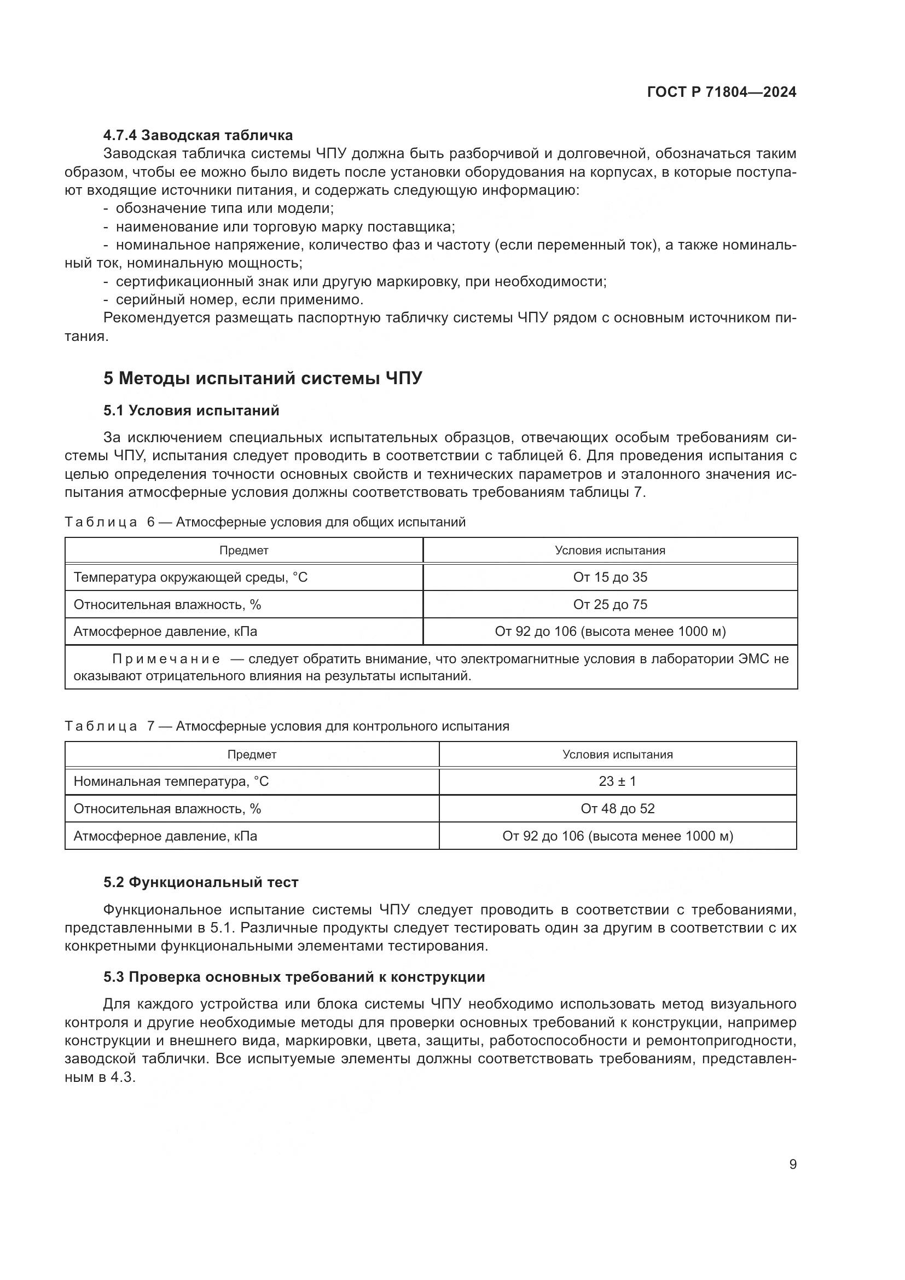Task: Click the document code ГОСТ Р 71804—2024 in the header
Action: (x=722, y=92)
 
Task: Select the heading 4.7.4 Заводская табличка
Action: (x=198, y=135)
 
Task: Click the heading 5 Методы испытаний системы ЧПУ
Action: (x=263, y=379)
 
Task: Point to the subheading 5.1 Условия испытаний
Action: (x=191, y=411)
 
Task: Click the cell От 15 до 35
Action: (x=610, y=577)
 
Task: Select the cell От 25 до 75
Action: (x=610, y=605)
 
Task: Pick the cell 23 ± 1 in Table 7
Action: (x=617, y=781)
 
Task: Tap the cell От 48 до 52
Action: (x=617, y=809)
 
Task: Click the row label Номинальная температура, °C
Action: (x=171, y=781)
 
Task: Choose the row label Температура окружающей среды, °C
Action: (x=190, y=577)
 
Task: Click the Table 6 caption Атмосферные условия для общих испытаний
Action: (x=321, y=523)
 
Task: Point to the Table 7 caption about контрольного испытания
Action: (x=342, y=726)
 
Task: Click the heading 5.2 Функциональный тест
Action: (x=201, y=883)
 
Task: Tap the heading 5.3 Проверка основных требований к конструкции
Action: (x=294, y=977)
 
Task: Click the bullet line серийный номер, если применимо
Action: (x=239, y=300)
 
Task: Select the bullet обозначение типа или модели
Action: (x=224, y=208)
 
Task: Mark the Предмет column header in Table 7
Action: (x=252, y=755)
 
